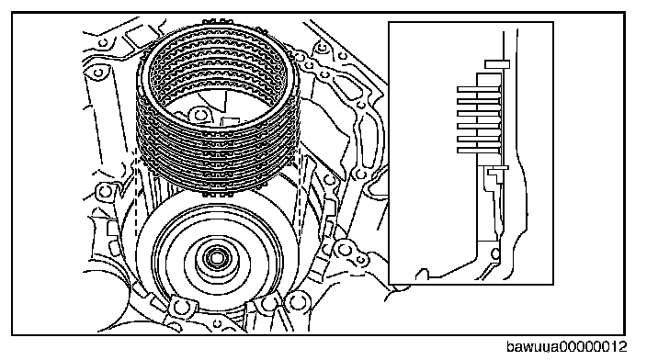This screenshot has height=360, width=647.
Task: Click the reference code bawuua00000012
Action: [x=566, y=347]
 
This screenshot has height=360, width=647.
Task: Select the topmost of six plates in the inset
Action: [x=479, y=89]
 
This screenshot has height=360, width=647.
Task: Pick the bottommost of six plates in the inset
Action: [x=479, y=151]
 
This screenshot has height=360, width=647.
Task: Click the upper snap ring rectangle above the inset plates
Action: [x=497, y=64]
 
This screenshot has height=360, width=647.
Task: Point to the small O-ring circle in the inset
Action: [x=495, y=253]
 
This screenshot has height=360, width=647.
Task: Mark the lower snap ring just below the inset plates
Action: [x=497, y=168]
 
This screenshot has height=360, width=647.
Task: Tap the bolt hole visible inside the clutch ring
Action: [x=199, y=115]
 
